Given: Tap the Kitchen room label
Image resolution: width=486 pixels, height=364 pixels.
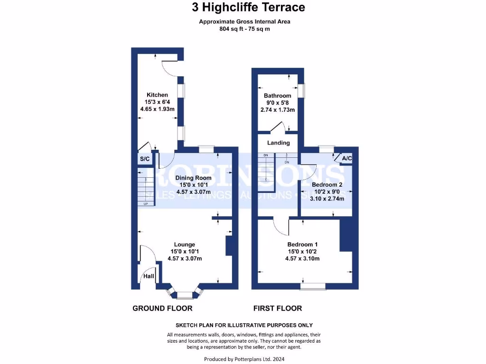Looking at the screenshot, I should pyautogui.click(x=157, y=95).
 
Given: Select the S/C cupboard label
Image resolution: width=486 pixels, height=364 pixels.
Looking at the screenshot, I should pyautogui.click(x=144, y=159).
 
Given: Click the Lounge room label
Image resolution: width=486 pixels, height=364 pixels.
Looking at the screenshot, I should pyautogui.click(x=185, y=245).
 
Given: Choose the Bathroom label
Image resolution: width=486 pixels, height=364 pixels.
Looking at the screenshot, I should pyautogui.click(x=278, y=96).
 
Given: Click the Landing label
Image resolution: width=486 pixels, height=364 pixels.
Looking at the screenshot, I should pyautogui.click(x=278, y=143).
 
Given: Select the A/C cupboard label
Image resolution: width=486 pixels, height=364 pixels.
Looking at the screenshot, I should pyautogui.click(x=347, y=158).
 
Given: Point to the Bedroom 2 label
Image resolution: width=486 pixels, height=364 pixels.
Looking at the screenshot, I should pyautogui.click(x=327, y=185).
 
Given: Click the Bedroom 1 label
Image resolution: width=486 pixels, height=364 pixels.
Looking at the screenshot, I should pyautogui.click(x=302, y=245).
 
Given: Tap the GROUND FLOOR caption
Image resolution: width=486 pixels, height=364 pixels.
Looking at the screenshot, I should pyautogui.click(x=162, y=308).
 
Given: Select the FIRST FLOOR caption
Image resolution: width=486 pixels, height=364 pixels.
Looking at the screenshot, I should pyautogui.click(x=278, y=308).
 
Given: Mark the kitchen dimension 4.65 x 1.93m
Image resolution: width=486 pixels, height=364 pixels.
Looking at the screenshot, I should pyautogui.click(x=157, y=109).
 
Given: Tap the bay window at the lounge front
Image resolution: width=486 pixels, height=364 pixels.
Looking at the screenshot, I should pyautogui.click(x=185, y=294).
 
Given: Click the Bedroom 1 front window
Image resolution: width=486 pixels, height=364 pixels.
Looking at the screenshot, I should pyautogui.click(x=313, y=286).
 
